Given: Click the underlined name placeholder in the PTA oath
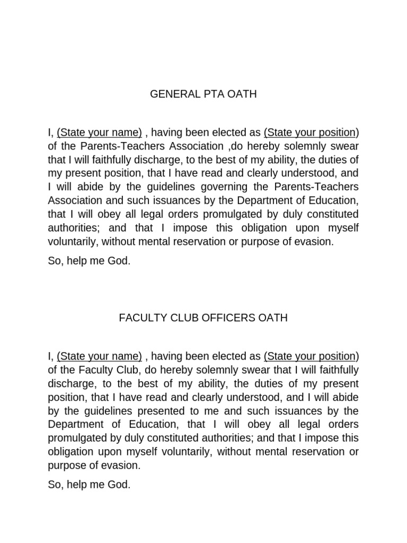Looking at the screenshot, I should click(99, 132).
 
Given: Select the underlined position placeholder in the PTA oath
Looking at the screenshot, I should click(309, 132).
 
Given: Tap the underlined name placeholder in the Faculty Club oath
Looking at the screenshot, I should click(99, 356).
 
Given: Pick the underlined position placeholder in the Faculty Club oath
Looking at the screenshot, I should click(309, 356).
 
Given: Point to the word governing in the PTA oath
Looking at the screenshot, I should click(245, 187).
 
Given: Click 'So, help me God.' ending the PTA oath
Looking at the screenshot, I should click(89, 261).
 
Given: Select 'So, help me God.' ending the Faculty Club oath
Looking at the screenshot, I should click(89, 485).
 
